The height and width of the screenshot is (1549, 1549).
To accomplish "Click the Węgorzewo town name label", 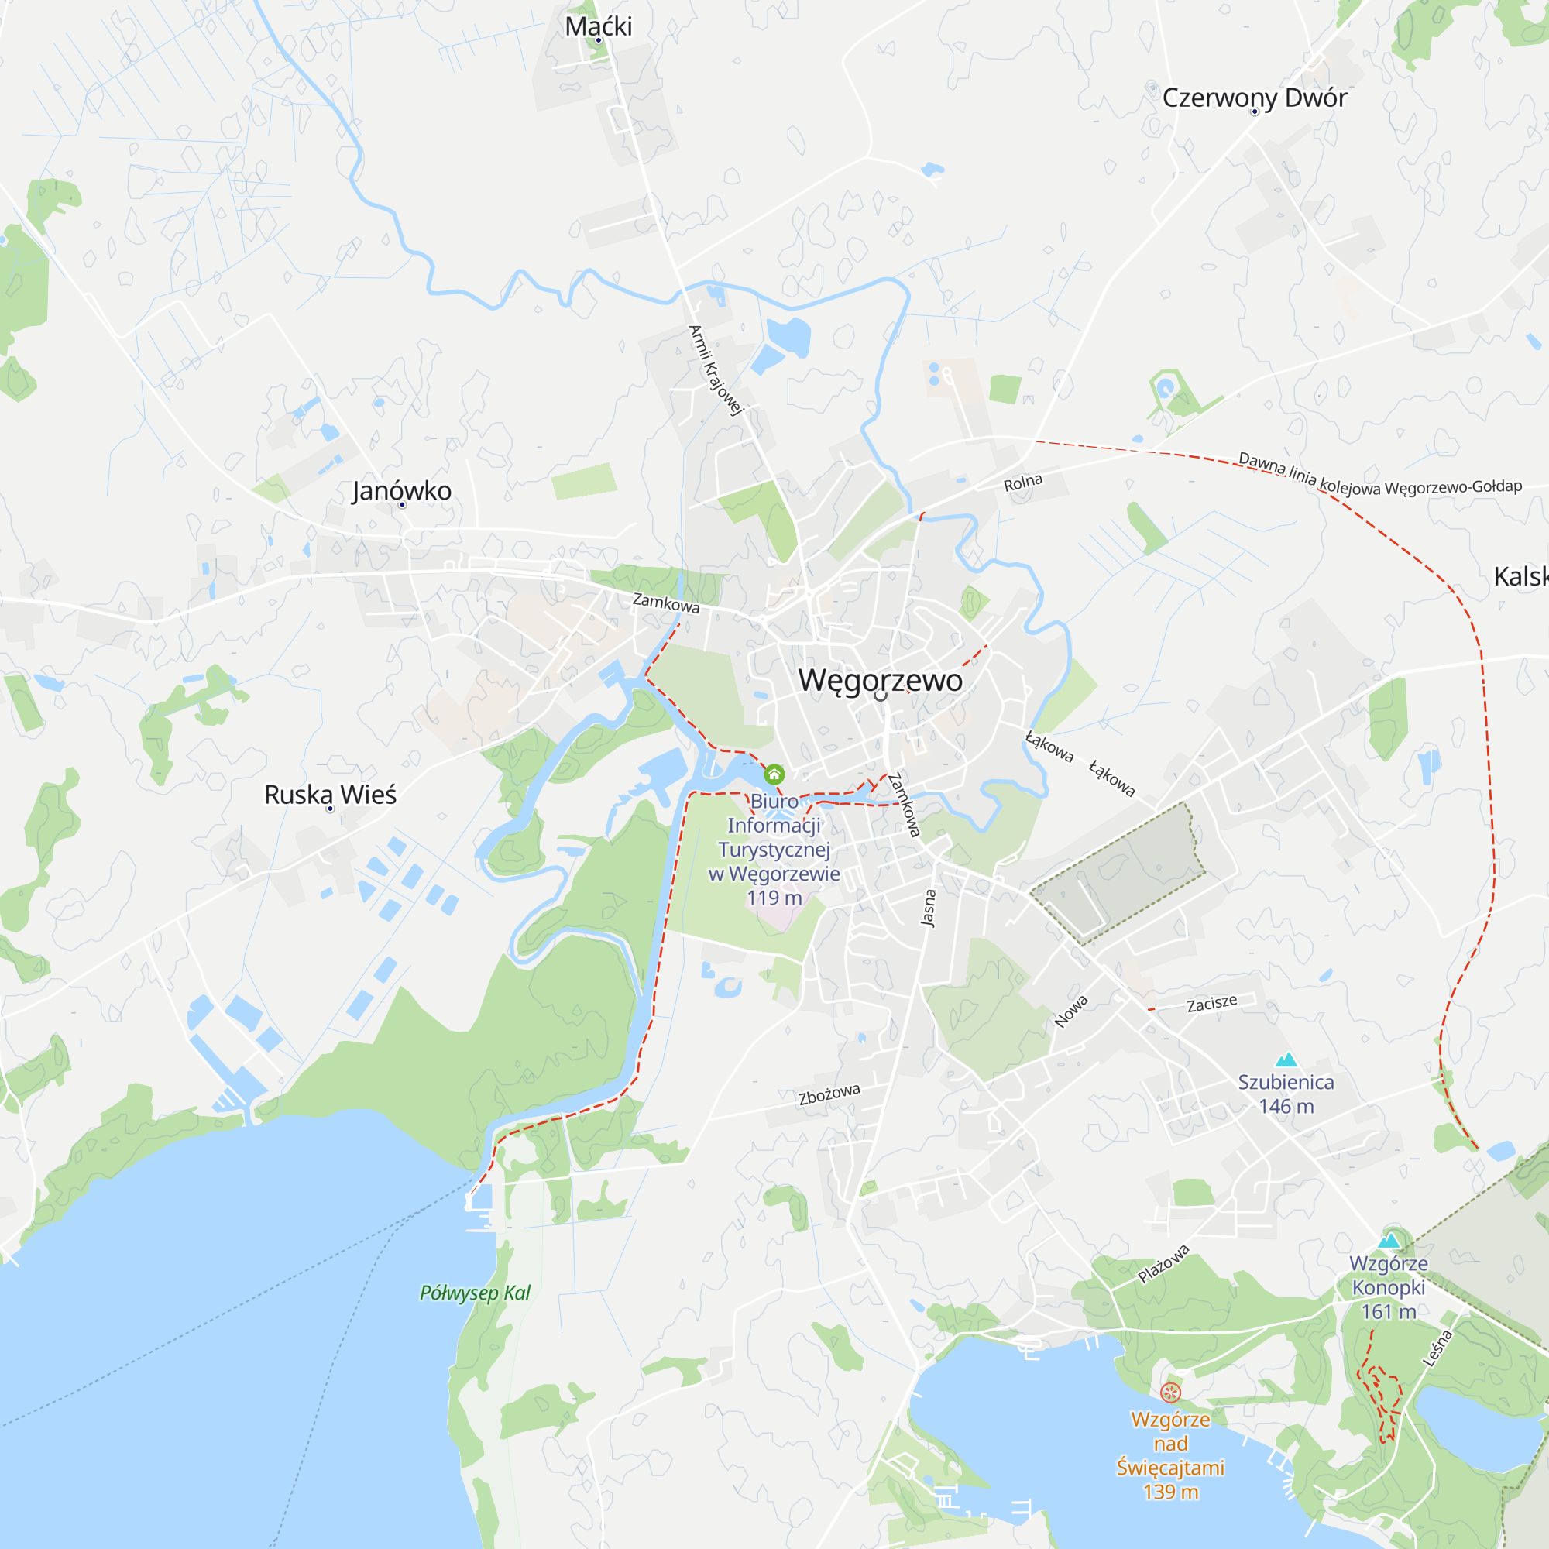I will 881,680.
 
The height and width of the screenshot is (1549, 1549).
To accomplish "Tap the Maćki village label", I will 598,26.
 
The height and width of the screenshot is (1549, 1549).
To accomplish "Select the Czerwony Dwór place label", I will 1255,98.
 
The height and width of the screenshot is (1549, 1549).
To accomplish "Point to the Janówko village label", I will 402,490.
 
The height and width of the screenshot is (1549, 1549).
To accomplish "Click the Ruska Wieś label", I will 331,795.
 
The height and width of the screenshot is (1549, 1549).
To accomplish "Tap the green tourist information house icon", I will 774,774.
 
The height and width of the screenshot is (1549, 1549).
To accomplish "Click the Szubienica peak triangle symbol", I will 1286,1060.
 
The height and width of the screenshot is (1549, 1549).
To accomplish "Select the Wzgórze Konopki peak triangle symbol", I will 1389,1241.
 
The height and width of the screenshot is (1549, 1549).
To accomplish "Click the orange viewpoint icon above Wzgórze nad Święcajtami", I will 1170,1393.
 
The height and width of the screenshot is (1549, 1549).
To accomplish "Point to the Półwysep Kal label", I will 476,1293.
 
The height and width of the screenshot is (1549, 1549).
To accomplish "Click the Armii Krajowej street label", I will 716,370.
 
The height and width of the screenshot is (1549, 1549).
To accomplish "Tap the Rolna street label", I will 1023,483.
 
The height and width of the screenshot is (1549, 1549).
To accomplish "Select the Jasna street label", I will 929,908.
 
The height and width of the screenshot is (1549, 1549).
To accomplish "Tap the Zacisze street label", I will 1211,1003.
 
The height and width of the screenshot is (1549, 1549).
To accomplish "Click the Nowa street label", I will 1071,1011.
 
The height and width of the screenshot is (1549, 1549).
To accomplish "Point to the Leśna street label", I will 1437,1348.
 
